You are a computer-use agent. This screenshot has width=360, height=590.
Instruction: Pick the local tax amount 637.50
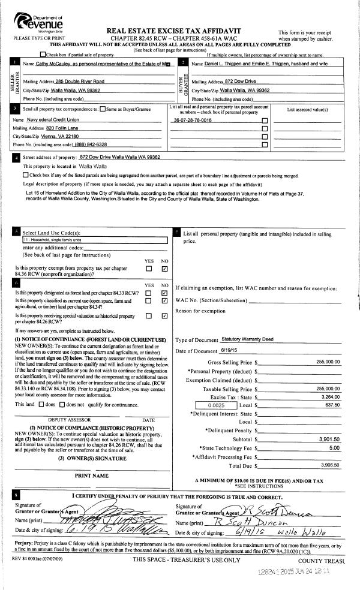(x=332, y=405)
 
